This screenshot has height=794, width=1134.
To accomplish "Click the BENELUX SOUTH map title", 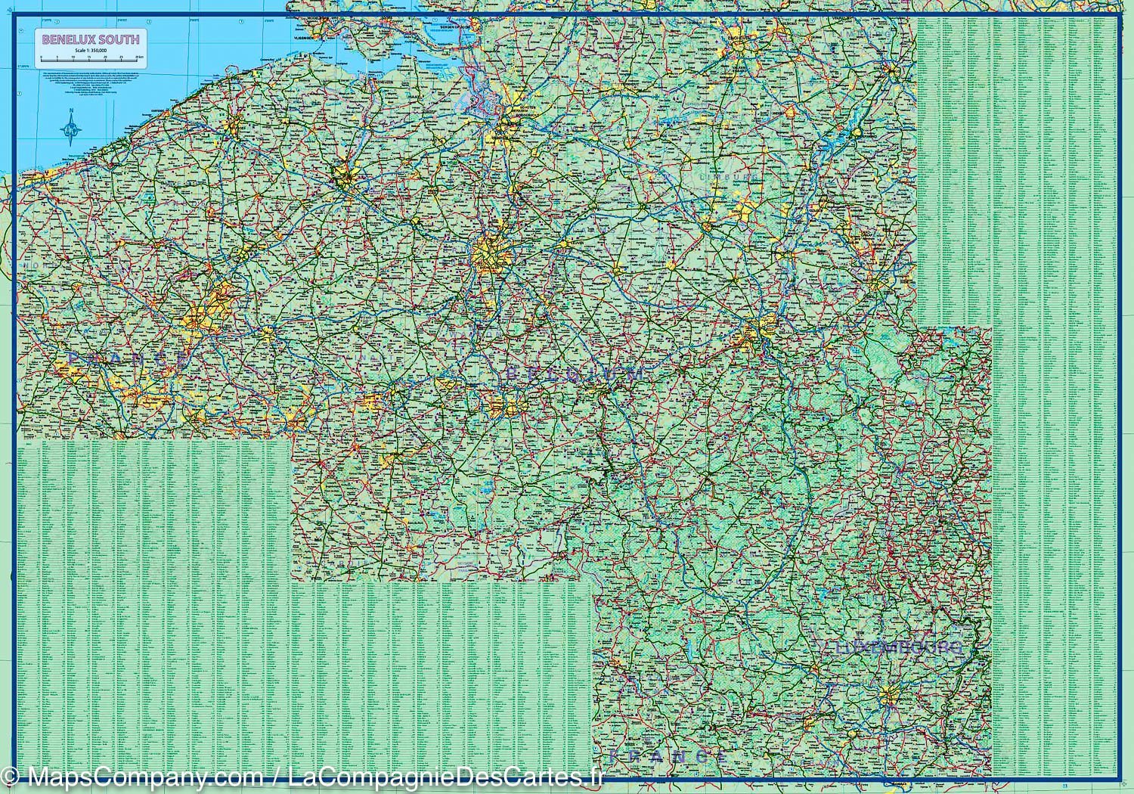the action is tap(90, 39).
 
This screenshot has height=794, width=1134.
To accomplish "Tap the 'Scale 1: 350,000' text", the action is tap(90, 50).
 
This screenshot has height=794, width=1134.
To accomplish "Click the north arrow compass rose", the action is tap(71, 129).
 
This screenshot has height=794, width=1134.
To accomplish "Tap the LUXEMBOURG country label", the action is tap(900, 648).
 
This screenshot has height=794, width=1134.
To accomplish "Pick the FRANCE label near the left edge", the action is tap(125, 356).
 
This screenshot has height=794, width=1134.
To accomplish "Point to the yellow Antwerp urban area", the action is tap(505, 136).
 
